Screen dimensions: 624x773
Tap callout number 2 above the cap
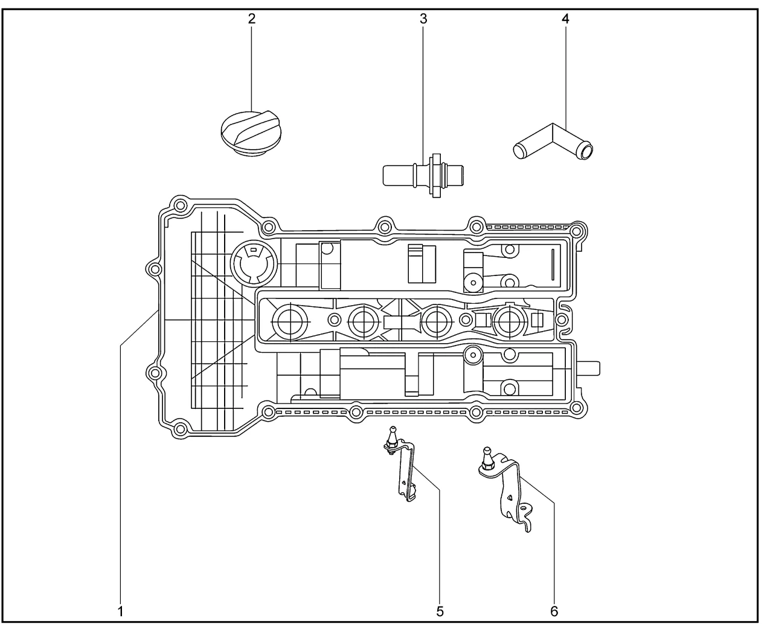[x=251, y=18]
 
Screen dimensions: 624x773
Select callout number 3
[x=423, y=18]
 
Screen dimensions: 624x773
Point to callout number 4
[x=565, y=18]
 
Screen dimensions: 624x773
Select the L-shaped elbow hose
[x=553, y=139]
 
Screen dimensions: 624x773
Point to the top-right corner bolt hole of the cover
[x=578, y=231]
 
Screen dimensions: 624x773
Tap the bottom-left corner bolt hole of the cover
[x=179, y=429]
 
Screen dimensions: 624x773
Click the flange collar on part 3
[x=434, y=175]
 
